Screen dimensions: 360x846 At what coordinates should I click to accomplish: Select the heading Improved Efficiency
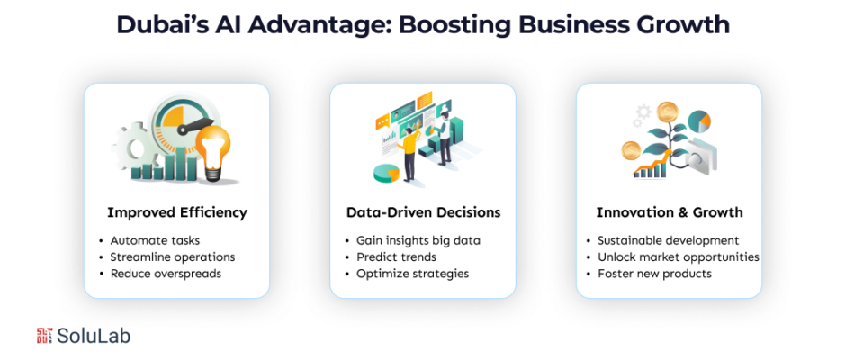[x=176, y=212]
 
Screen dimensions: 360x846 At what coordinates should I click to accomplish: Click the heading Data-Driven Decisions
[x=423, y=212]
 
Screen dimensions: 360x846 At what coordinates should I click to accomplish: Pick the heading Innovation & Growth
[x=669, y=212]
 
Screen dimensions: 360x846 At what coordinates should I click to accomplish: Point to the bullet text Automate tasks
[x=155, y=240]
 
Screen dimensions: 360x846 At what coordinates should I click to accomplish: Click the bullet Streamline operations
[x=172, y=256]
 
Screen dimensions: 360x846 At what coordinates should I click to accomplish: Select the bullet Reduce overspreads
[x=166, y=273]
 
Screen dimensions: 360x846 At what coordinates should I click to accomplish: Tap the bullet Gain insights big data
[x=418, y=240]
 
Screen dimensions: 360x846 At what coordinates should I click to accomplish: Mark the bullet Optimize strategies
[x=412, y=273]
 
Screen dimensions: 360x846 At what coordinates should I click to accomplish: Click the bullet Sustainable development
[x=668, y=240]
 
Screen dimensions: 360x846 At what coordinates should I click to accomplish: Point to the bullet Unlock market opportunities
[x=678, y=256]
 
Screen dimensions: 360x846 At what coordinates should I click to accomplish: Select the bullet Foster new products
[x=654, y=273]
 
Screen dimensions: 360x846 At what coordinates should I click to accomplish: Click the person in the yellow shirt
[x=409, y=148]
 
